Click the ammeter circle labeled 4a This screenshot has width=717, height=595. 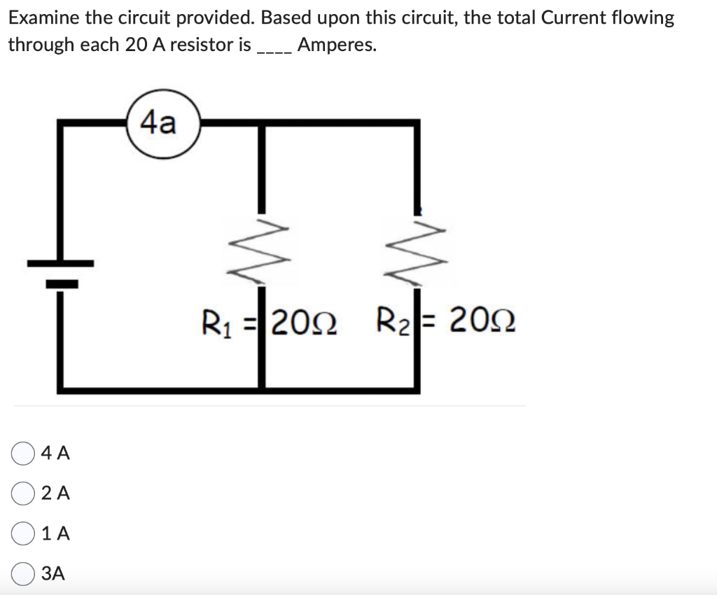point(164,125)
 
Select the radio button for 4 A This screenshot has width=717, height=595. point(24,454)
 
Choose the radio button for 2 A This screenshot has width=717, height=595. point(24,493)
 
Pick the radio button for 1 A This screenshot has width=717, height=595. point(24,533)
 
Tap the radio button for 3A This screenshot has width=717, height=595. point(24,573)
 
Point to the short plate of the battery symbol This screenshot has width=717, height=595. point(62,283)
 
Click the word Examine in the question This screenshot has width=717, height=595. point(43,18)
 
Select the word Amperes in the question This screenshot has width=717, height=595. point(336,45)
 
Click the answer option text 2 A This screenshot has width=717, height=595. point(55,493)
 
